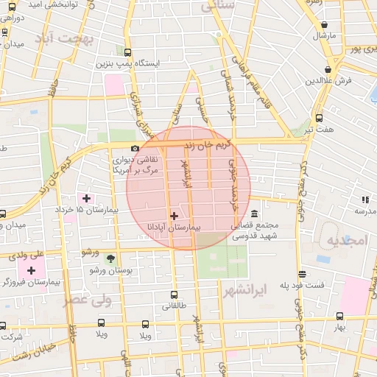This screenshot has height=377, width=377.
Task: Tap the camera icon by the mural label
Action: [135, 149]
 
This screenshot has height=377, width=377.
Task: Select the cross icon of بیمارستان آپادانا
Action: [174, 216]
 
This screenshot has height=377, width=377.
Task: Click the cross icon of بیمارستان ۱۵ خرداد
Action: [86, 198]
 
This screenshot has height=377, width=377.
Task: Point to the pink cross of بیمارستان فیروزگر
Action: [31, 271]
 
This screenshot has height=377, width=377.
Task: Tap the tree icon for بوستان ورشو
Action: [110, 258]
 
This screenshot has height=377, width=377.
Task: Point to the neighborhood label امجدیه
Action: [347, 241]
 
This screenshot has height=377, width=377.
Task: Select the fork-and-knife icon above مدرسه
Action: [364, 199]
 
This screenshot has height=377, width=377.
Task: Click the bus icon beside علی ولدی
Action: [3, 257]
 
